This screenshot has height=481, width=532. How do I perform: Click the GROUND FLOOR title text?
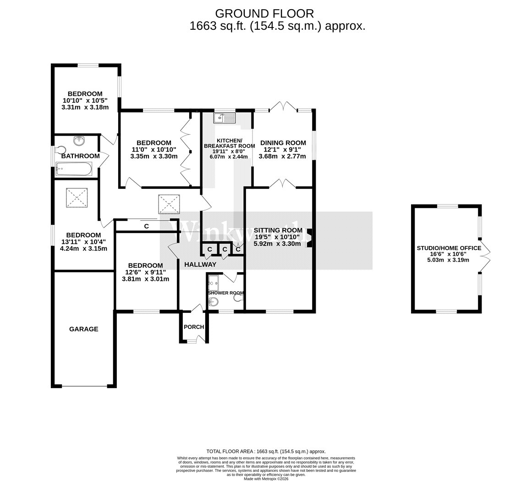(264, 13)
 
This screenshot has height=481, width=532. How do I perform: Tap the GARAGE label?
(83, 329)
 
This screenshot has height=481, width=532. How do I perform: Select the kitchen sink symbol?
(225, 119)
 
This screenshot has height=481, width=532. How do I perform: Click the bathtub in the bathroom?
(73, 170)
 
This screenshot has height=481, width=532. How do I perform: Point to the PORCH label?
(193, 327)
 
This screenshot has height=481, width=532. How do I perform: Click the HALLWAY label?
(200, 264)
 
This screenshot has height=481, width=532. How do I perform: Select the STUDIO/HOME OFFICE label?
(449, 248)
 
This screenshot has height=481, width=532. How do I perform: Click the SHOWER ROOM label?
(225, 293)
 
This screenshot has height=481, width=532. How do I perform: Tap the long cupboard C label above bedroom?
(146, 226)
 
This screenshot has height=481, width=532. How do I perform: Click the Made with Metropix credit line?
(266, 479)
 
